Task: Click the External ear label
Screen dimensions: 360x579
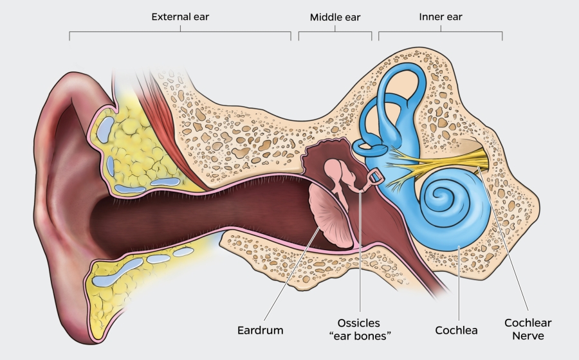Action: (x=180, y=17)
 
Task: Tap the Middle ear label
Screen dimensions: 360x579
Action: (x=335, y=17)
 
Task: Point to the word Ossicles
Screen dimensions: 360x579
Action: (x=359, y=323)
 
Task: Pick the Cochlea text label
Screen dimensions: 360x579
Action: (x=456, y=330)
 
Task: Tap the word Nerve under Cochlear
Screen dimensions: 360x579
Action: (x=528, y=336)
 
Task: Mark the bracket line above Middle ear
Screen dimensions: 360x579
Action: (x=335, y=31)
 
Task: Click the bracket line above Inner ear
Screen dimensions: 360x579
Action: (x=440, y=31)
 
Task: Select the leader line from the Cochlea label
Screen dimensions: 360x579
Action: (x=456, y=283)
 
